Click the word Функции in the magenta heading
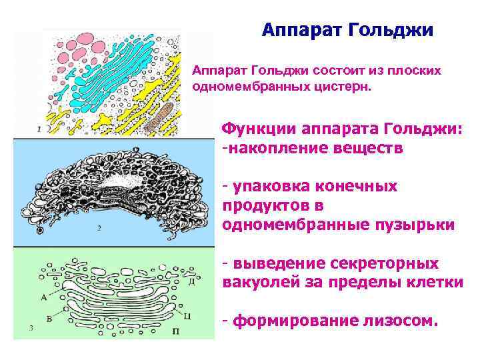pos(261,128)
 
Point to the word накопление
pos(283,147)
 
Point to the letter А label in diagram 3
pos(43,295)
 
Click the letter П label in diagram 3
pos(174,329)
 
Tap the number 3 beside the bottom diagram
pos(31,327)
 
